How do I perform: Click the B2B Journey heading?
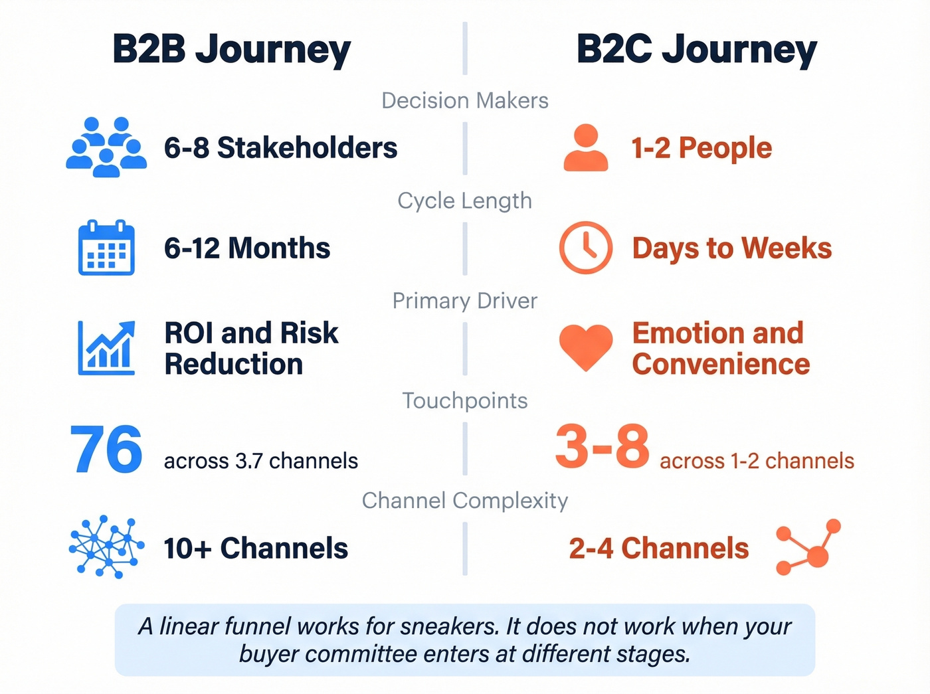tap(231, 50)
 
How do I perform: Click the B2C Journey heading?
tap(696, 50)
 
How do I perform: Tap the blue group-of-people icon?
tap(106, 147)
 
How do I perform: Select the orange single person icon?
tap(585, 148)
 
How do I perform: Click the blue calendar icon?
tap(106, 248)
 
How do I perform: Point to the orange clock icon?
tap(585, 248)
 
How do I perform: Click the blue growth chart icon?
tap(106, 348)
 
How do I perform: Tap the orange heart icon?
tap(585, 347)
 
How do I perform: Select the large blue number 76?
tap(106, 450)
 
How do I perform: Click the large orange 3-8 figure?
tap(602, 446)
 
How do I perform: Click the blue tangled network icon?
tap(106, 546)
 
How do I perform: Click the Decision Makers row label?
tap(464, 101)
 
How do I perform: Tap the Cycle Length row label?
tap(464, 201)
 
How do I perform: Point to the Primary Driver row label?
tap(464, 301)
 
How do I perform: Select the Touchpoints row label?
tap(464, 400)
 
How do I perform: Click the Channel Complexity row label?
tap(464, 501)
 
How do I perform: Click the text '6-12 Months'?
tap(247, 248)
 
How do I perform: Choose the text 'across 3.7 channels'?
tap(260, 461)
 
